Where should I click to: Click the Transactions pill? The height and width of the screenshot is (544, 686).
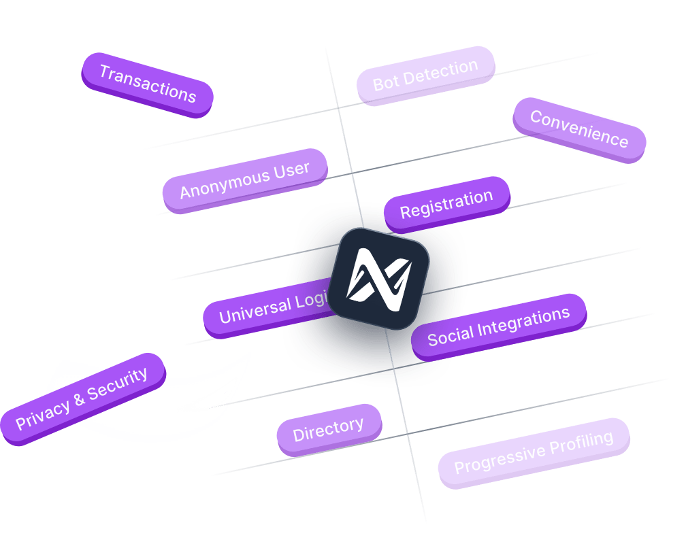point(147,84)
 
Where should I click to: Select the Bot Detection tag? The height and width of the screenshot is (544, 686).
point(425,75)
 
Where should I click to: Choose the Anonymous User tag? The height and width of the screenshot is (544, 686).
point(244,180)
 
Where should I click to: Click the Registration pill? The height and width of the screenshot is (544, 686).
point(446,204)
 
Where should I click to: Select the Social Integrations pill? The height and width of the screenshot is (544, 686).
point(498,326)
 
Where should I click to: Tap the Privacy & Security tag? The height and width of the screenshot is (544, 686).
point(82,398)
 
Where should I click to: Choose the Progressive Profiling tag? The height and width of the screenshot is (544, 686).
point(534,452)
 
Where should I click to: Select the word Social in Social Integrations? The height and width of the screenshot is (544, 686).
point(450,335)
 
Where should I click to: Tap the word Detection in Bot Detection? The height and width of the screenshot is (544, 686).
point(442,71)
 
